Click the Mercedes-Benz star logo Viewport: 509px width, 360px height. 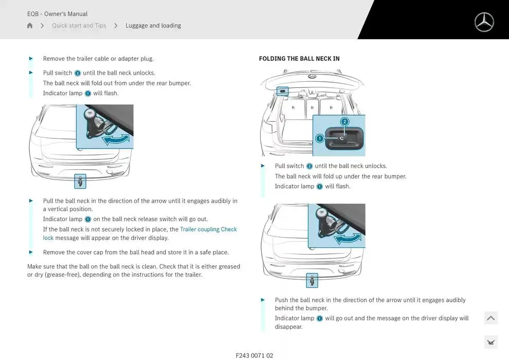(484, 22)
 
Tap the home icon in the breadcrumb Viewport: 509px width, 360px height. (30, 26)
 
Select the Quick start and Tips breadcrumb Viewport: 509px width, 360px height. (79, 26)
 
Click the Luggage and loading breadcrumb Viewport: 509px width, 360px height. (153, 26)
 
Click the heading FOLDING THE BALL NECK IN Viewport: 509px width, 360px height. (299, 59)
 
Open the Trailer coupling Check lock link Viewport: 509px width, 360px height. (208, 229)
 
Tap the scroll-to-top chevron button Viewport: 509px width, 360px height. (490, 318)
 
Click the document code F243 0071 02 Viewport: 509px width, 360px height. (254, 355)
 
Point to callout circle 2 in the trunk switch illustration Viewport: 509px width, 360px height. (344, 122)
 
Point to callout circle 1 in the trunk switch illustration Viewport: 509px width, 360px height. (319, 138)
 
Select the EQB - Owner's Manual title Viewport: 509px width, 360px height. (57, 14)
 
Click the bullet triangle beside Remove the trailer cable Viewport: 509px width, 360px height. (31, 59)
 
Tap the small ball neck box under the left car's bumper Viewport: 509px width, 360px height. (80, 181)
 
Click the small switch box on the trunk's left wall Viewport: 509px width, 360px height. (282, 91)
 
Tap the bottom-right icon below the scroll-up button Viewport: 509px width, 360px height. (490, 342)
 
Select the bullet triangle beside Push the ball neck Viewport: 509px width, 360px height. (263, 300)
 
